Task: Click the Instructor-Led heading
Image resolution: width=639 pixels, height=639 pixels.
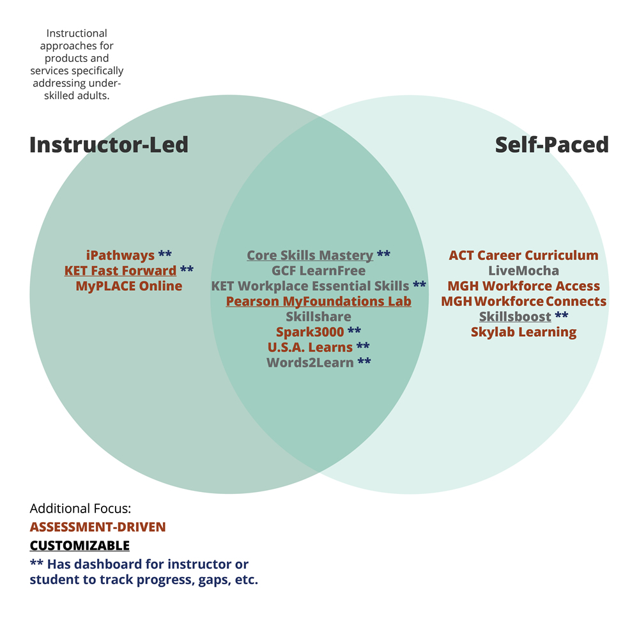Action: (109, 144)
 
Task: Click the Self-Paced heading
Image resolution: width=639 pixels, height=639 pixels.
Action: (551, 144)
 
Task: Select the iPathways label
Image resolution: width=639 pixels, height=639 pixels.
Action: (120, 256)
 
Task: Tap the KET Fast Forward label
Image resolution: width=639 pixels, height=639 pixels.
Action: (120, 271)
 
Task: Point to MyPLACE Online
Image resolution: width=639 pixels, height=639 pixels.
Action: (128, 286)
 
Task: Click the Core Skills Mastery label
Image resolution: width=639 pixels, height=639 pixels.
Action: (310, 256)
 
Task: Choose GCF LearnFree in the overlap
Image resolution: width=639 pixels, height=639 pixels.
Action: (318, 271)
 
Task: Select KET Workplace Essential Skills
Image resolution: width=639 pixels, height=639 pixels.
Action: (310, 286)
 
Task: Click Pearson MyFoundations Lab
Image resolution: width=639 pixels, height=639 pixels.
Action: (318, 302)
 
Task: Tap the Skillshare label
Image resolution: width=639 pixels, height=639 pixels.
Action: (318, 317)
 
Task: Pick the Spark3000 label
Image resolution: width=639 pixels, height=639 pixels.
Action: (310, 332)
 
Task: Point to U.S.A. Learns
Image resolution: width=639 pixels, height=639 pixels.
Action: (310, 348)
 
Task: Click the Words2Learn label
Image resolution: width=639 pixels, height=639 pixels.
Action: (310, 363)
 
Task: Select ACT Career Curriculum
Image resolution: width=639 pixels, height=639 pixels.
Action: (523, 256)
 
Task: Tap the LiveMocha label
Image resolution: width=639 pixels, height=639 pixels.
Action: (523, 271)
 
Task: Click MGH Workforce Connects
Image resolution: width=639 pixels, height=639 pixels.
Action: (523, 302)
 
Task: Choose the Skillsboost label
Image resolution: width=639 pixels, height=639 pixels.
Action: (515, 317)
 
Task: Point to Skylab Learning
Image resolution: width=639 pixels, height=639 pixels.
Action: (523, 332)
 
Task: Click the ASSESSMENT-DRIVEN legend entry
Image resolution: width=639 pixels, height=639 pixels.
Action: (97, 527)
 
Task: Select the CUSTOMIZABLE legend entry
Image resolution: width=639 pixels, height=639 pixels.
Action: (79, 546)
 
